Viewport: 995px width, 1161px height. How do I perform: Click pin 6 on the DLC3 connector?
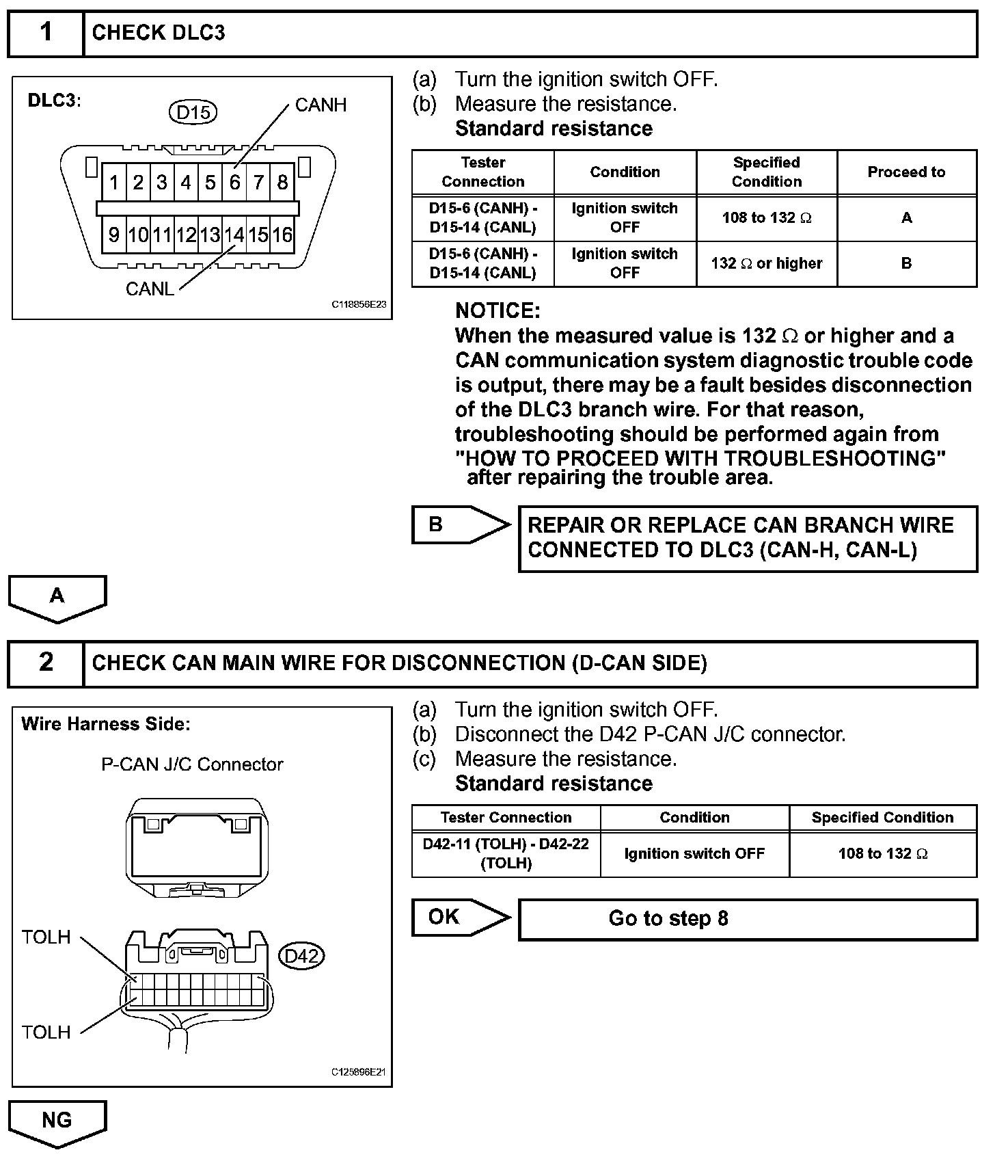[x=234, y=183]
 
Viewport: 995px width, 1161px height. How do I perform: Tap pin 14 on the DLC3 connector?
[x=234, y=235]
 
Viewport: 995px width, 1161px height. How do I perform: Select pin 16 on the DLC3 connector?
[x=282, y=235]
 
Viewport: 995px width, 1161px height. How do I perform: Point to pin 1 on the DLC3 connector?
[x=114, y=183]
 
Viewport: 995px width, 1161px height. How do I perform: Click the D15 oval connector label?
[x=193, y=112]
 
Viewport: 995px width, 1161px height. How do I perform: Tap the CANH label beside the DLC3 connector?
[x=321, y=105]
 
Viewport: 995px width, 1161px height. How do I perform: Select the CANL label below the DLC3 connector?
[x=150, y=289]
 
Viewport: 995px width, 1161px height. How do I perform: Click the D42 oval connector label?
[x=301, y=955]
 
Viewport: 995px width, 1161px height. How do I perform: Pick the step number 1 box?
[x=46, y=33]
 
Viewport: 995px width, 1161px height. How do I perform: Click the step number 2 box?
[x=46, y=663]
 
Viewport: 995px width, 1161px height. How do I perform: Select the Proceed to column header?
[x=906, y=172]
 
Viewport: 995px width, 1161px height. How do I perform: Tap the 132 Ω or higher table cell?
[x=766, y=263]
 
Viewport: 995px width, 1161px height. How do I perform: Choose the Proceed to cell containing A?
[x=906, y=218]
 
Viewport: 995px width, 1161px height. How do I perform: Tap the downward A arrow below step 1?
[x=57, y=598]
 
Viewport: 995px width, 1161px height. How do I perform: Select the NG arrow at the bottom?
[x=57, y=1122]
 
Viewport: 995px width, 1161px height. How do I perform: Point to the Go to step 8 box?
[x=748, y=918]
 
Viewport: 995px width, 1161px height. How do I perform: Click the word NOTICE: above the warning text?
[x=497, y=311]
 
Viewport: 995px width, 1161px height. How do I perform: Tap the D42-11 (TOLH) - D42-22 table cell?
[x=506, y=853]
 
